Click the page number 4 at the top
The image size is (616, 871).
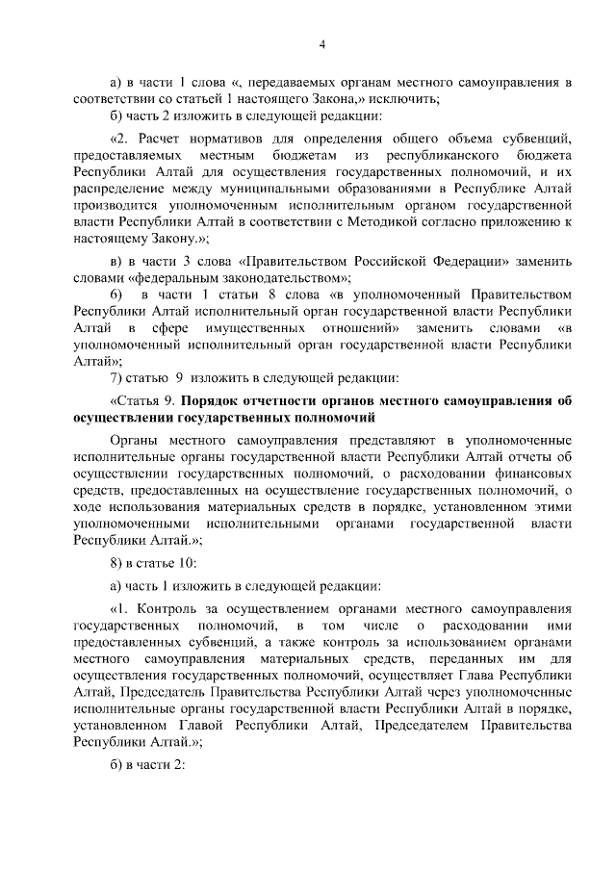[x=323, y=43]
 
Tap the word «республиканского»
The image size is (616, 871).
[x=441, y=155]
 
